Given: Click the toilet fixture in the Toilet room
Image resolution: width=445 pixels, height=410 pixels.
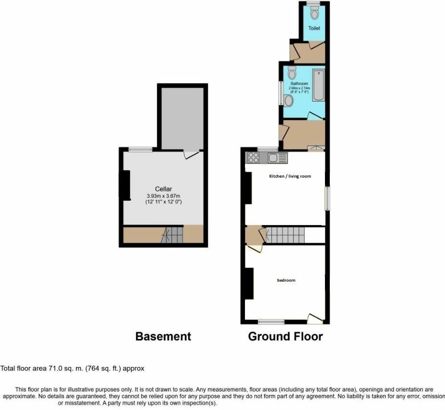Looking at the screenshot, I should coord(314,12).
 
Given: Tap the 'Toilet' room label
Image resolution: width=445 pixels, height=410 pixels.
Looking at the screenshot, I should coord(314,28).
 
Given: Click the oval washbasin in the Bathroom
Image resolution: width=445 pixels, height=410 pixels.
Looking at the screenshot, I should coord(288,101).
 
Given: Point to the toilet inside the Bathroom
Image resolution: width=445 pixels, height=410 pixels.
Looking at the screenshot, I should coord(292,73).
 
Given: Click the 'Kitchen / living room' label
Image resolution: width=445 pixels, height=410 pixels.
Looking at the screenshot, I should coord(290,176).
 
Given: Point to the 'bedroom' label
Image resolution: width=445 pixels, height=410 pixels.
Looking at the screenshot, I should coord(286,280).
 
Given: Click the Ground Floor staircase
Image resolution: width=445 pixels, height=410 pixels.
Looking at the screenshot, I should coord(285,235).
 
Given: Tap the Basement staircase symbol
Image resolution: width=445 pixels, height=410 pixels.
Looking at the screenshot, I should coord(171,235).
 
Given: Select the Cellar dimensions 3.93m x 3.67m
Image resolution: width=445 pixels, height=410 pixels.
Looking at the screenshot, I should coord(163,196).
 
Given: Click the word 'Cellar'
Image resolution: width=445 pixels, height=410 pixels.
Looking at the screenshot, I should coord(163,189).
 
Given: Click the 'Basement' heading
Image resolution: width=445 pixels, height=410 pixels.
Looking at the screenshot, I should coord(163,336).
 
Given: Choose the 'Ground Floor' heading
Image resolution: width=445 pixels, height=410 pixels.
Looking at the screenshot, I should coord(285,336).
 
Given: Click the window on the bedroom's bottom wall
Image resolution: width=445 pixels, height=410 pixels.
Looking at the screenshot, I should coord(271,321).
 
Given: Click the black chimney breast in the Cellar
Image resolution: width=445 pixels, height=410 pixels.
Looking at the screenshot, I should coord(125,185).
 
